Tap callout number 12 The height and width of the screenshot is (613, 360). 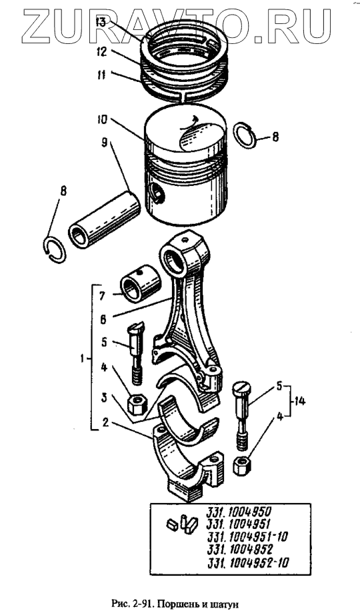(x=101, y=52)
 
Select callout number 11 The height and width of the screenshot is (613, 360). (x=101, y=75)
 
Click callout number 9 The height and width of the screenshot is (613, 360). (x=104, y=142)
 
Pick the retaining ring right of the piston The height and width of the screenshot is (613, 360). (x=245, y=135)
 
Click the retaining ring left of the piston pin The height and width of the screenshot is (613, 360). (x=55, y=250)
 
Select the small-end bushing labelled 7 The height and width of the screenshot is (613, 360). (x=140, y=283)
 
